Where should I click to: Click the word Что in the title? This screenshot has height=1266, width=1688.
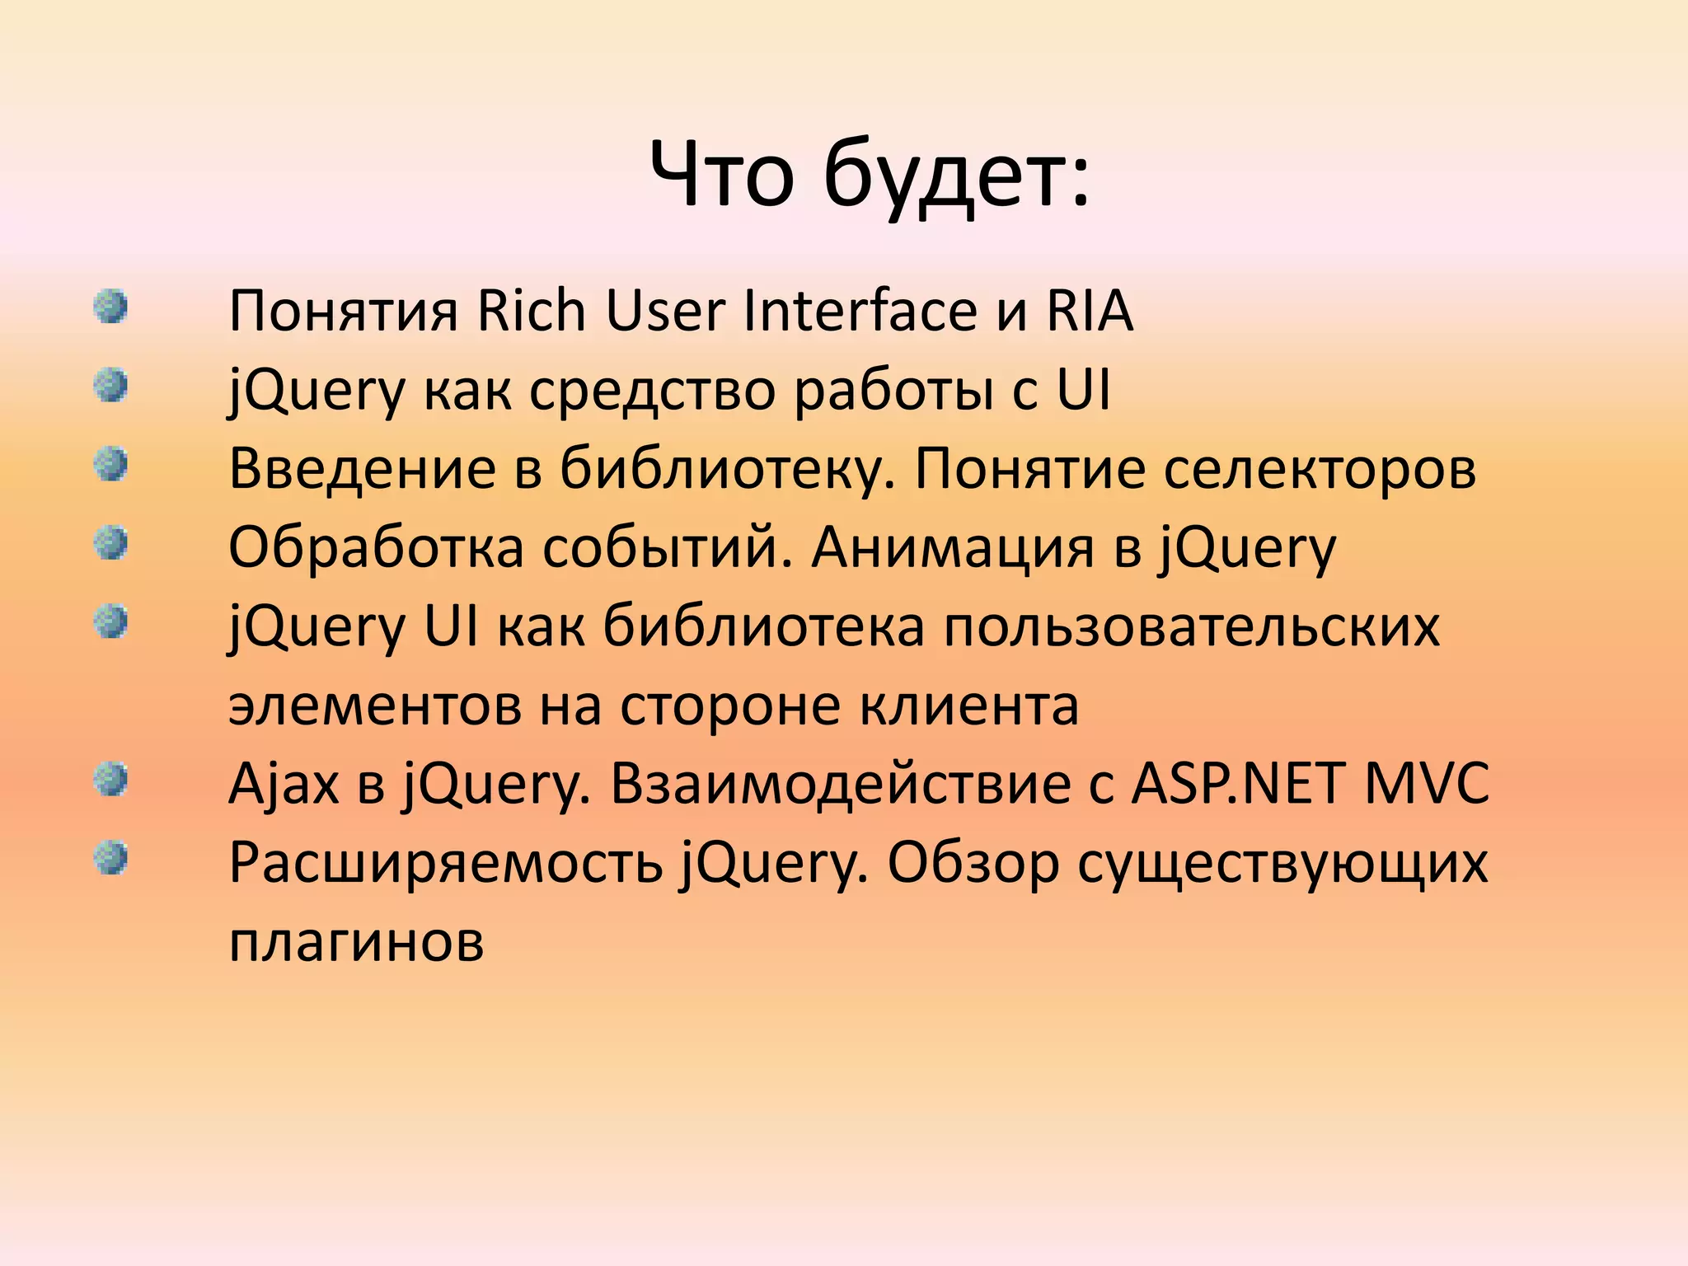tap(722, 176)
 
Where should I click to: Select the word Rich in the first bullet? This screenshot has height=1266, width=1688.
tap(532, 311)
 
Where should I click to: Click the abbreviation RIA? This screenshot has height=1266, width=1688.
tap(1090, 311)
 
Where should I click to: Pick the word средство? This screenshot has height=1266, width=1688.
tap(651, 390)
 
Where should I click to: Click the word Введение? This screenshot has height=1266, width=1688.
tap(362, 469)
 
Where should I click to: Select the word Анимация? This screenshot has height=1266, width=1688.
tap(953, 548)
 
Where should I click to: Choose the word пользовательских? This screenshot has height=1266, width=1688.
tap(1192, 627)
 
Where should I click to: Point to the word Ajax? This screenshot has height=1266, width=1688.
tap(284, 784)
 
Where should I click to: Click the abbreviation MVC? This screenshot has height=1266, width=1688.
tap(1427, 784)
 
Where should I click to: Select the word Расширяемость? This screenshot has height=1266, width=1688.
tap(445, 863)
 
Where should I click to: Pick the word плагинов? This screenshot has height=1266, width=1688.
tap(356, 942)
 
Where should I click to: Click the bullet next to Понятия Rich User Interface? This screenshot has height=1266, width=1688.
tap(110, 307)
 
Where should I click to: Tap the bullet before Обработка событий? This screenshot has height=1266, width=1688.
tap(110, 543)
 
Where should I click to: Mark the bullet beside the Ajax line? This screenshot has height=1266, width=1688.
tap(110, 780)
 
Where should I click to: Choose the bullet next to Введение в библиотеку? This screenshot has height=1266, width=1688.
tap(110, 464)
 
